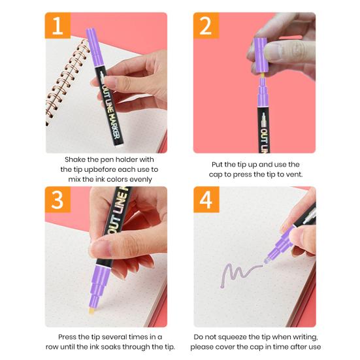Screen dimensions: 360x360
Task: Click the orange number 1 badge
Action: tap(57, 25)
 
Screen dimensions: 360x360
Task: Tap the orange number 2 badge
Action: tap(206, 25)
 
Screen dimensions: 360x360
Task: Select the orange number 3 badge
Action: tap(57, 199)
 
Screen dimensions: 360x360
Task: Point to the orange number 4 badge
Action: tap(206, 199)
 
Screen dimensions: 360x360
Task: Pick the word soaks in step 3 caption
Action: tap(114, 347)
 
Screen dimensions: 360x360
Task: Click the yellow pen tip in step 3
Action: tap(92, 312)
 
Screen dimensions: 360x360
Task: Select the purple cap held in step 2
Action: tap(261, 55)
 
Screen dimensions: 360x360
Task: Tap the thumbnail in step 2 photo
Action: tap(274, 52)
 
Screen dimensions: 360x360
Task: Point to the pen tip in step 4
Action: tap(267, 261)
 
